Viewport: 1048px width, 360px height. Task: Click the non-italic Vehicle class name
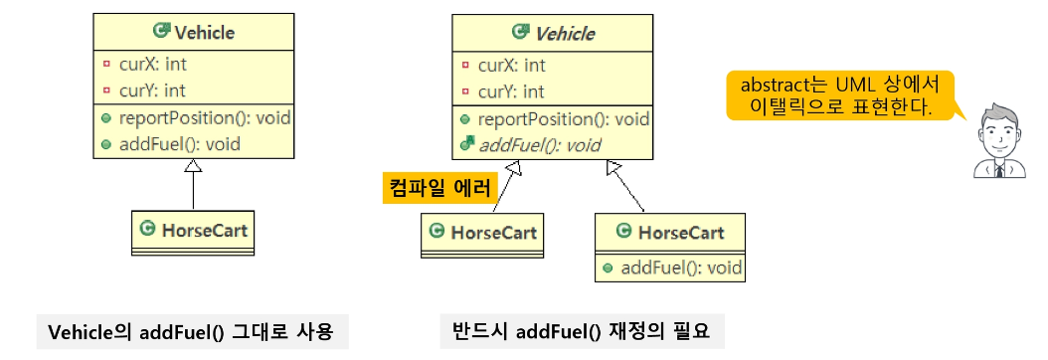204,32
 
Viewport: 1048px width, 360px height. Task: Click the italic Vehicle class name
565,33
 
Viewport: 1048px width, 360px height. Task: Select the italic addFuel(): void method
540,145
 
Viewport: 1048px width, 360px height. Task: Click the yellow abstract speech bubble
840,95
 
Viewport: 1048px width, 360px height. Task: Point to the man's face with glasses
998,128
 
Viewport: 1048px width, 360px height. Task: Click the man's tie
998,170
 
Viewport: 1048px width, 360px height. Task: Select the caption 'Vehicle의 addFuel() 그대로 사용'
192,332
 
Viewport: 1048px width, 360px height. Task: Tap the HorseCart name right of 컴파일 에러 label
494,233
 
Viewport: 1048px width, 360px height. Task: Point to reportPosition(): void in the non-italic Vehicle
204,117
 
